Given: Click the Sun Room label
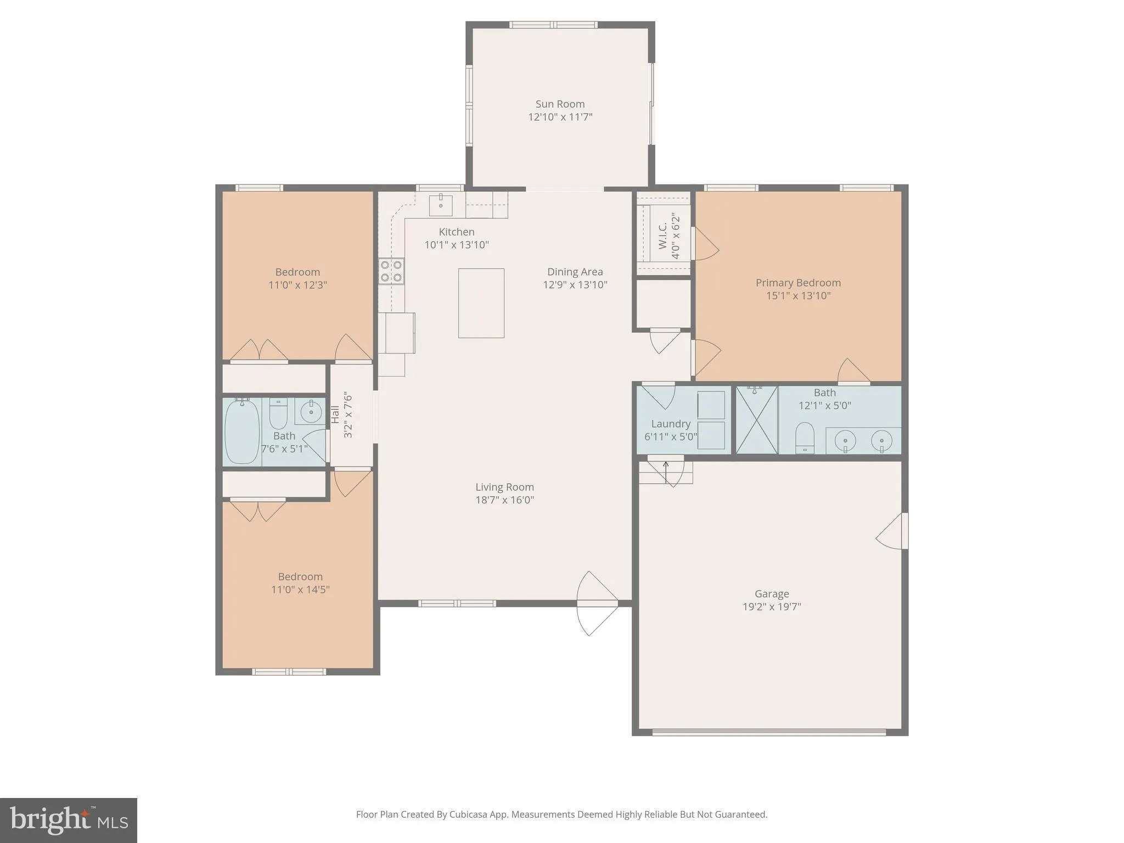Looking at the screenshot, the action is point(560,104).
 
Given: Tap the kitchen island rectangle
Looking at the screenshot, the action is point(481,303).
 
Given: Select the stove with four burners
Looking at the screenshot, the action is point(391,271).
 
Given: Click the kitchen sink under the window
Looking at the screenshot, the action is point(441,205).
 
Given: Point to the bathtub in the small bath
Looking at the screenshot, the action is point(241,432).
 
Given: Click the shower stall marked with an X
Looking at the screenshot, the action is point(756,420).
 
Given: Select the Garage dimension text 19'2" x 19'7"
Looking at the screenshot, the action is point(772,606).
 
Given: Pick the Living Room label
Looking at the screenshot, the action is point(504,487).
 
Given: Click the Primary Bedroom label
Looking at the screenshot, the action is point(798,283).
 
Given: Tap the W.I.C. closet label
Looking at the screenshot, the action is point(662,235).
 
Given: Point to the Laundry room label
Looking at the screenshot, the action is point(671,424).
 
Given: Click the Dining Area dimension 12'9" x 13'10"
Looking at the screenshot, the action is point(575,284).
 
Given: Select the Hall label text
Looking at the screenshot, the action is point(335,414).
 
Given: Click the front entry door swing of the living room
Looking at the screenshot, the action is point(597,603).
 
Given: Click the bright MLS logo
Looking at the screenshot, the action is point(69,820).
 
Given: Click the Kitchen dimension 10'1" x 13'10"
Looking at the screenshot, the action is point(457,245).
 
